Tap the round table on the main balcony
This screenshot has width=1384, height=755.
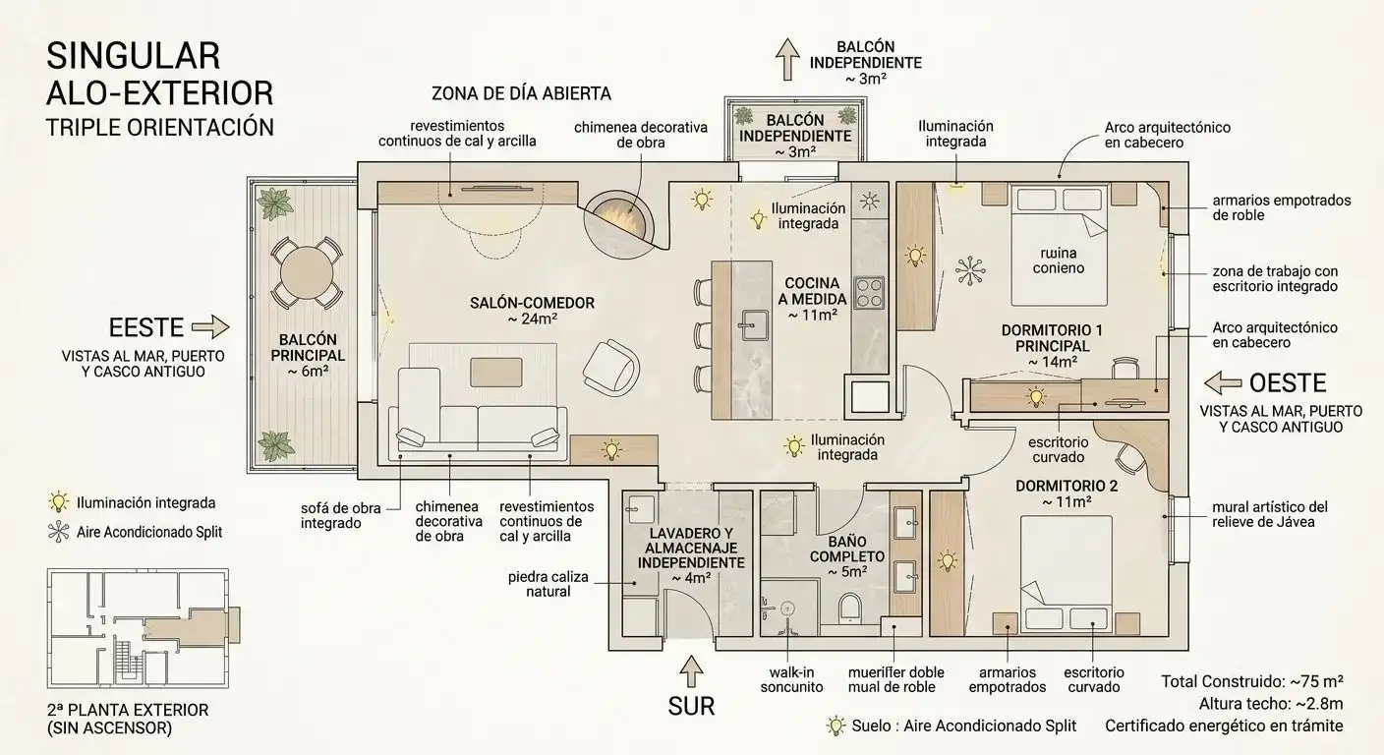point(307,272)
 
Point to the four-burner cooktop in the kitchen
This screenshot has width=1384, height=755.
point(869,293)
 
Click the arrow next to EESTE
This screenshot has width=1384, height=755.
point(210,326)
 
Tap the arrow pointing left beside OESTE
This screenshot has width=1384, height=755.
point(1223,382)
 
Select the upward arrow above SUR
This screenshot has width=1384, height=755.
point(691,671)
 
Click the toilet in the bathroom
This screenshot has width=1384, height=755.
point(850,607)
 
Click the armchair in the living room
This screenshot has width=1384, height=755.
point(610,368)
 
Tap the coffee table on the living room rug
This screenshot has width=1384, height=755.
point(496,373)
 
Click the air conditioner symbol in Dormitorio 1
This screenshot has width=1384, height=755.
point(970,270)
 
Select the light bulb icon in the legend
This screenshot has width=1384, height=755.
point(59,502)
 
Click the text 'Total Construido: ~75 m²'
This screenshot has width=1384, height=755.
point(1251,681)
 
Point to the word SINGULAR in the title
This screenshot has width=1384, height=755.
point(133,56)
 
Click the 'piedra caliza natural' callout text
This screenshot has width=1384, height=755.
point(548,584)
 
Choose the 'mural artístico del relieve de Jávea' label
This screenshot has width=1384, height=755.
point(1270,514)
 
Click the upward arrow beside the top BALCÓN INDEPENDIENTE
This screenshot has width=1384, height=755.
point(787,59)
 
